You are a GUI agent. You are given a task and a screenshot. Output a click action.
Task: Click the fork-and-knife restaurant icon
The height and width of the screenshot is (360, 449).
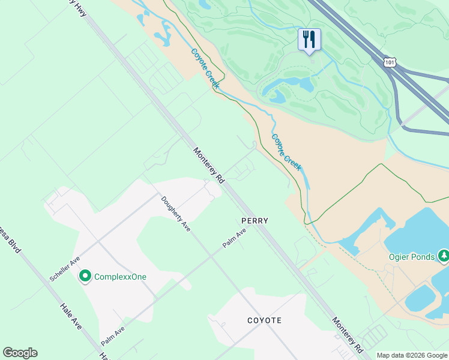coord(309,40)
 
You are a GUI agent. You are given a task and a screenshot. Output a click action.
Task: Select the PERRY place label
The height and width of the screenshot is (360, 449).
coord(255,221)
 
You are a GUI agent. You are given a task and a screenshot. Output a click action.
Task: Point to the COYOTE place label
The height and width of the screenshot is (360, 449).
coord(264,320)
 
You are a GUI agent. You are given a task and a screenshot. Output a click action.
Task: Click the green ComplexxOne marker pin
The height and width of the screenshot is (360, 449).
coord(85,276)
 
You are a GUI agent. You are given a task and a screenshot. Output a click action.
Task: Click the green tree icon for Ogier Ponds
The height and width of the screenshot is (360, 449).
coord(444,256)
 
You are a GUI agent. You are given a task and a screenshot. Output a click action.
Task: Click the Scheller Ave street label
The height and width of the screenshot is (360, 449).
coord(65,269)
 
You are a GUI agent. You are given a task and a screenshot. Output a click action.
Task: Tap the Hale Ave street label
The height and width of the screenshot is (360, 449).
coord(70,316)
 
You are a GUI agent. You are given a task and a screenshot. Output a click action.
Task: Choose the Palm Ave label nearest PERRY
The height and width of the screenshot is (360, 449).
coord(235,238)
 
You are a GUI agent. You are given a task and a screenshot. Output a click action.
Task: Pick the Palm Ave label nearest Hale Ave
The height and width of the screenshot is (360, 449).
coord(113,336)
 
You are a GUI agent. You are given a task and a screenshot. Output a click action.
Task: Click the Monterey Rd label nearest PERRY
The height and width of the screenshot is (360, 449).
coord(208,166)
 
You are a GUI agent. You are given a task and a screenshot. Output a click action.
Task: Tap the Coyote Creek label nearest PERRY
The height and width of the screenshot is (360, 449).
coord(286,152)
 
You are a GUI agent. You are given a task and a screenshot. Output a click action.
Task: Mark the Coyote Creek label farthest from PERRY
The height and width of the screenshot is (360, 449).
coord(205,68)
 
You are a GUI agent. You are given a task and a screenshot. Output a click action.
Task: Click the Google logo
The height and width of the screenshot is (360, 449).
coord(20,353)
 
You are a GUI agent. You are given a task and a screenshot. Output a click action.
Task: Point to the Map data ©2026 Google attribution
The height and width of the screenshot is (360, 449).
coord(412,355)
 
